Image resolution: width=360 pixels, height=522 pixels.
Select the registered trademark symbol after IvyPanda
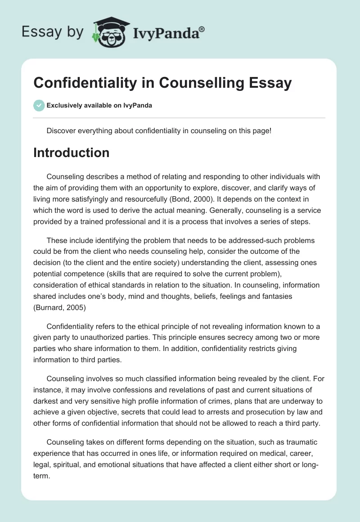202,29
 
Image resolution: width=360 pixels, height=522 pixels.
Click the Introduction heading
71,153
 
